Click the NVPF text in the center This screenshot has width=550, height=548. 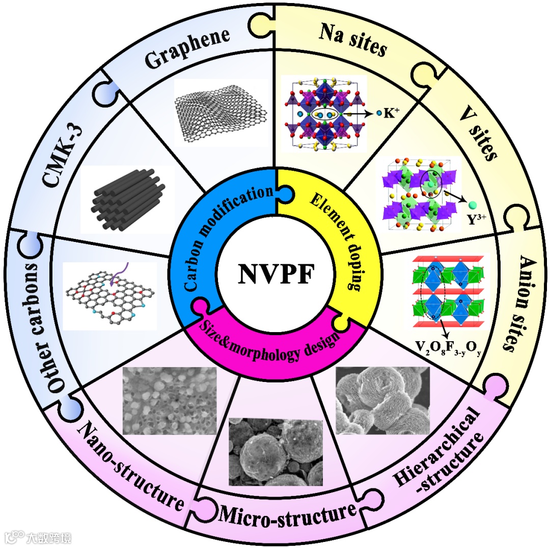[275, 275]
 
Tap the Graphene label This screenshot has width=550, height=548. [187, 49]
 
